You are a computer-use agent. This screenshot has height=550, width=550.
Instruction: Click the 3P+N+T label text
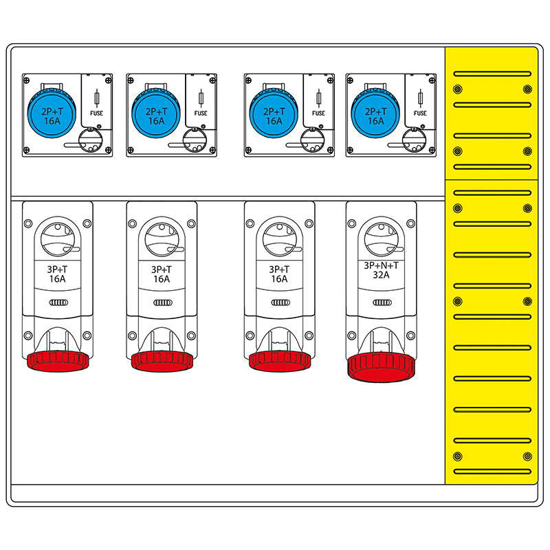click(381, 265)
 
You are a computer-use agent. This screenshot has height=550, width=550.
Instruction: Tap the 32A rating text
click(381, 275)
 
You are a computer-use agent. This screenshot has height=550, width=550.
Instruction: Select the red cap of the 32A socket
click(382, 367)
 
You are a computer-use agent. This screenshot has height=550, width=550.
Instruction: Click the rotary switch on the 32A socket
click(382, 239)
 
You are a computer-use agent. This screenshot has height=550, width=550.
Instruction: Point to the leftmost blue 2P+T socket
click(52, 113)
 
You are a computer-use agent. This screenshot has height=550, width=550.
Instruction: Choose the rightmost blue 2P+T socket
click(375, 113)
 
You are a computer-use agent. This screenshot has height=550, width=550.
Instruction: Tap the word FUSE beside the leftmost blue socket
click(96, 113)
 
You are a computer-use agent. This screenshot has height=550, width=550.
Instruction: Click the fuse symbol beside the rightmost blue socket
click(420, 98)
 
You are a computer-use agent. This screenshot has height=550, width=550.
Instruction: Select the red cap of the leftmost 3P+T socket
click(58, 362)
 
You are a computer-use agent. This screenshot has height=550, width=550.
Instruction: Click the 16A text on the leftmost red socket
click(57, 279)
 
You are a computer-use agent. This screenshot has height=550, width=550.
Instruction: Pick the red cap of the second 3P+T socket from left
click(162, 362)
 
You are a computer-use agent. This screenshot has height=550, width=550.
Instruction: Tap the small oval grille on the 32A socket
click(382, 302)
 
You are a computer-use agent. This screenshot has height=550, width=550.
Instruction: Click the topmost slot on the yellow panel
click(492, 74)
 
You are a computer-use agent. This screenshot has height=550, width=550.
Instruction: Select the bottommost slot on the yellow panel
click(492, 472)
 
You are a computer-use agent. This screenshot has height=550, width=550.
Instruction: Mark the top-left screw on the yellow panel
click(457, 89)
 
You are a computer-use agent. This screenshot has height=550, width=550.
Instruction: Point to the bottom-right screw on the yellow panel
click(527, 456)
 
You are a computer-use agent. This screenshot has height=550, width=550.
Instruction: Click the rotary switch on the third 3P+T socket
click(280, 239)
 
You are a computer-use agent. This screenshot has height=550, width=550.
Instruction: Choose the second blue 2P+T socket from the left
click(156, 113)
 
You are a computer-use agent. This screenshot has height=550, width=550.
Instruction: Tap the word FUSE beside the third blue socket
click(318, 113)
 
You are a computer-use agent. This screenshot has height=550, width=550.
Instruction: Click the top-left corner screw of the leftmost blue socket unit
click(26, 80)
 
